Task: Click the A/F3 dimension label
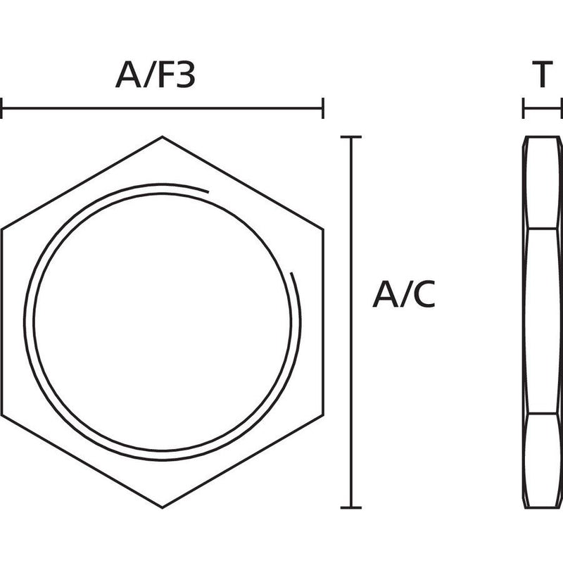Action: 155,75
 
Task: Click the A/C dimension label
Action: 404,294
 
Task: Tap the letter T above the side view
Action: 542,75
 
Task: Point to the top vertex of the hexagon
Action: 163,137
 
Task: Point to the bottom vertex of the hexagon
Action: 163,507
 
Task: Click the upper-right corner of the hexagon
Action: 323,229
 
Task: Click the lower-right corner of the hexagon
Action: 323,415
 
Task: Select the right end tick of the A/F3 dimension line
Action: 323,108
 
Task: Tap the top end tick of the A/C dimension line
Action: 350,137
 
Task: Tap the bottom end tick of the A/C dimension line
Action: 350,507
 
